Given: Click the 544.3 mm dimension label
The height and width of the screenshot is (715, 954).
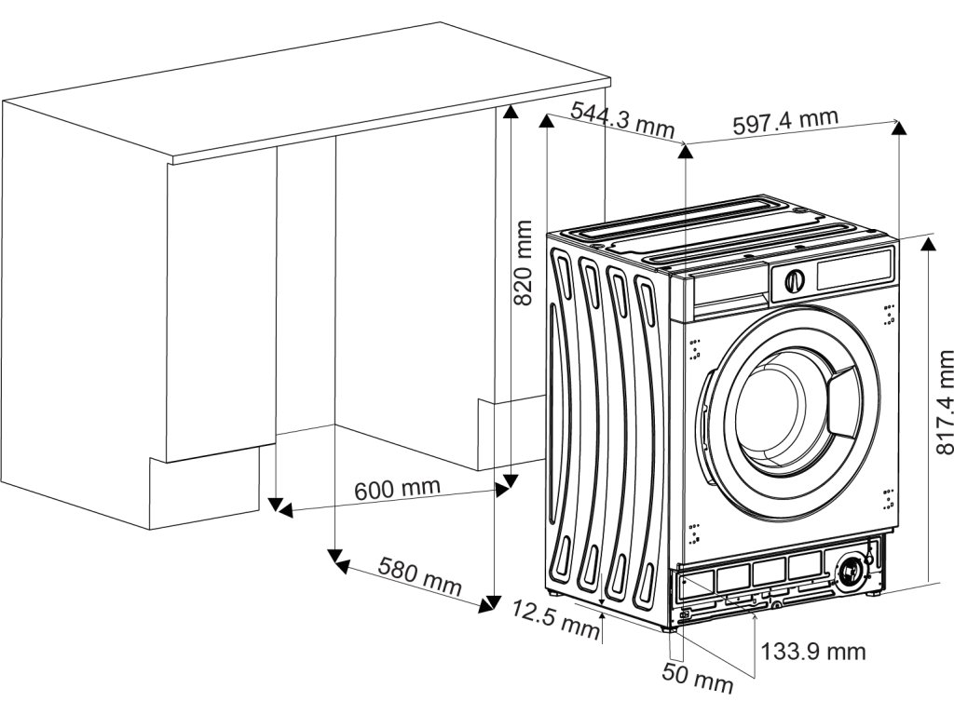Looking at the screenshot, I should point(622,120).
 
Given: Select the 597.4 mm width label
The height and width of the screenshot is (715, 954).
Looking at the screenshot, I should point(785,121).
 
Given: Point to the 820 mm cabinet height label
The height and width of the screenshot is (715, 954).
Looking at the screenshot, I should point(525,263).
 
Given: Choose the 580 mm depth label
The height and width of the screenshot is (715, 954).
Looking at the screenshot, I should point(419,576).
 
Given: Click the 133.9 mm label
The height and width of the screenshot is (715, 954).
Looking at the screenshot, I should point(813,651).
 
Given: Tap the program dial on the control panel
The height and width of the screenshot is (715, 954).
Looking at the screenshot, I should point(795,278).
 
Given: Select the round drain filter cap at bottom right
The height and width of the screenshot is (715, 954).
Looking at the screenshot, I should point(851,571).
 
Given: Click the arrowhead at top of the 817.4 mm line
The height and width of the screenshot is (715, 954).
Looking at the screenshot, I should point(928,243).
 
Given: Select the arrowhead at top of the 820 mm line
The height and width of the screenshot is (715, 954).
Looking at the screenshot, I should point(510,112).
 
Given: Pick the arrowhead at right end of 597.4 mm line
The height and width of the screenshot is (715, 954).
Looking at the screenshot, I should point(898,127).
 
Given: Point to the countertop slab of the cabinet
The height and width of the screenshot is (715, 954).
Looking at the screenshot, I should point(307,88).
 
